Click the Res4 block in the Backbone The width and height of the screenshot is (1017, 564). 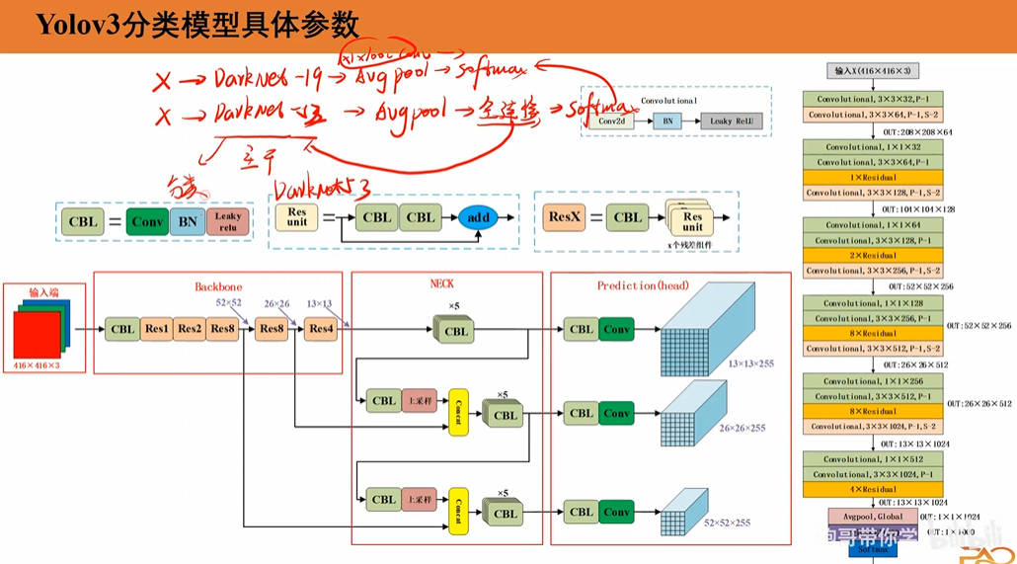pos(320,329)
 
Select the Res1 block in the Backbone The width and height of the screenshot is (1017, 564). pos(156,329)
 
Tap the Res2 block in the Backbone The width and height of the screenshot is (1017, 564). pos(190,329)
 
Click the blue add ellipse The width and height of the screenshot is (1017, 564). pos(478,217)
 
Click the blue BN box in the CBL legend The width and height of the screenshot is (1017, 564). pos(187,221)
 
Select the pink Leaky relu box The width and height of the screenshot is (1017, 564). pos(227,221)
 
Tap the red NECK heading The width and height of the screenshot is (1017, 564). pos(441,283)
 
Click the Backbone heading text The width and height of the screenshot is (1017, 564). pos(218,286)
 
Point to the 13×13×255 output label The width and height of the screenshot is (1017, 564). pos(750,363)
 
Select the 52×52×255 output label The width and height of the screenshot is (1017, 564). pos(727,522)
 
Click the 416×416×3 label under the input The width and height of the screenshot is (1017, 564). pos(38,365)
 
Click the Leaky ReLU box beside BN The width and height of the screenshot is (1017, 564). pos(732,121)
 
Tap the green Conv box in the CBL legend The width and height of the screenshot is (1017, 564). pos(147,221)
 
